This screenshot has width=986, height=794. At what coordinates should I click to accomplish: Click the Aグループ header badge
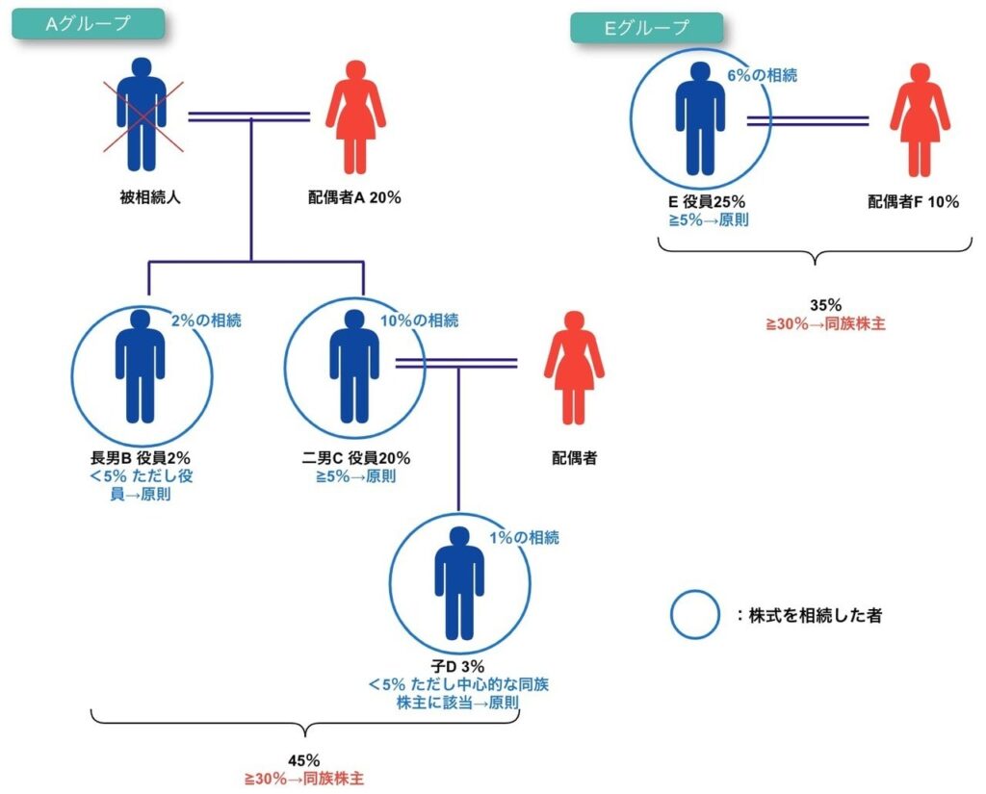88,24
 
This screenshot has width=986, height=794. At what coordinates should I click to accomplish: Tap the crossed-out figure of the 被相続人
142,114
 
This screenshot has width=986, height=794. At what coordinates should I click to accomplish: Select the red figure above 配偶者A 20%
355,115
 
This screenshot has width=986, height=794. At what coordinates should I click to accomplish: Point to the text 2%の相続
206,320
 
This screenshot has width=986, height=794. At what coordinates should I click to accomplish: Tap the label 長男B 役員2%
141,458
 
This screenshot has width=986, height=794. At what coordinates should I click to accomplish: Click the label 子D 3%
458,666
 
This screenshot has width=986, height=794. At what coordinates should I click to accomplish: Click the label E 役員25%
706,202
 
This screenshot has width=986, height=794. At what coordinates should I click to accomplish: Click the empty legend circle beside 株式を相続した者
694,614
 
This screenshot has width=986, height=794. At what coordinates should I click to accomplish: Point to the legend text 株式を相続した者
815,615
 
